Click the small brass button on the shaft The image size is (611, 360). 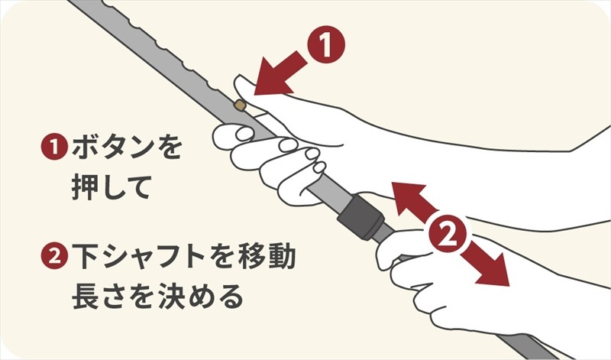241,105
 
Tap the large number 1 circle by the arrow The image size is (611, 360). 326,44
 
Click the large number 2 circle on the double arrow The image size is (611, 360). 448,234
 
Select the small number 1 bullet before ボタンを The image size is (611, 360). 53,148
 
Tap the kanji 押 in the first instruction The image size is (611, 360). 85,187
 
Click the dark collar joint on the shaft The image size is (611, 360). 361,216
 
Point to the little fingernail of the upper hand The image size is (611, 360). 319,167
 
